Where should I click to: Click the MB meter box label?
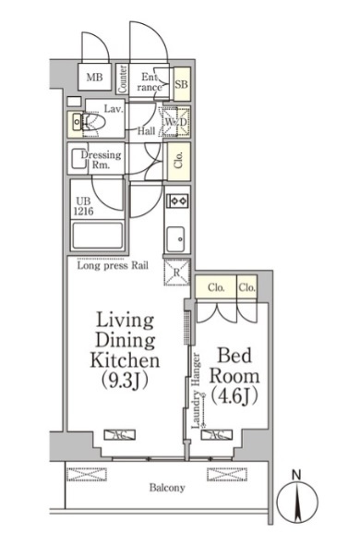tap(94, 78)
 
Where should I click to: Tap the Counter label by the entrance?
tap(122, 79)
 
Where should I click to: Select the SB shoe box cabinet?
tap(181, 84)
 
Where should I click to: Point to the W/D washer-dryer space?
tap(176, 122)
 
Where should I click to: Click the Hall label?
tap(147, 130)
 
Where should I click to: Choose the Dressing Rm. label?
tap(101, 160)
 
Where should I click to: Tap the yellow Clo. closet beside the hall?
tap(179, 162)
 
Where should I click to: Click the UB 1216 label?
tap(83, 206)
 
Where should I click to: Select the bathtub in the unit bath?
tap(97, 236)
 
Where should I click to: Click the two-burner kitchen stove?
tap(177, 200)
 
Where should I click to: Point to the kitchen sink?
tap(176, 239)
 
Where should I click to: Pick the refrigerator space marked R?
tap(176, 272)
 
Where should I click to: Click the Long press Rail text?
tap(113, 265)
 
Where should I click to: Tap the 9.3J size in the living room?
tap(125, 381)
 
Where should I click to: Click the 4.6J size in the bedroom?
tap(234, 396)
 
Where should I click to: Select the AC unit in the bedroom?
tap(217, 435)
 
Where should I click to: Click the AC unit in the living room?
tap(119, 435)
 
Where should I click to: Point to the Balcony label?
tap(167, 488)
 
